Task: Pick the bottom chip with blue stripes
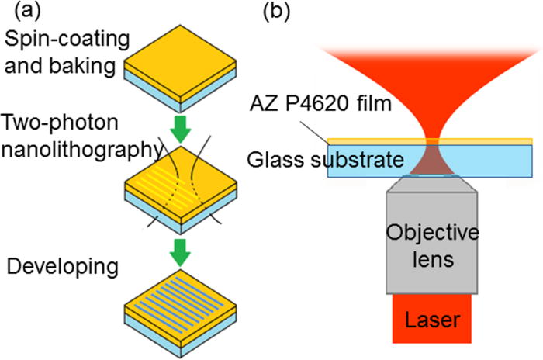(x=180, y=317)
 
